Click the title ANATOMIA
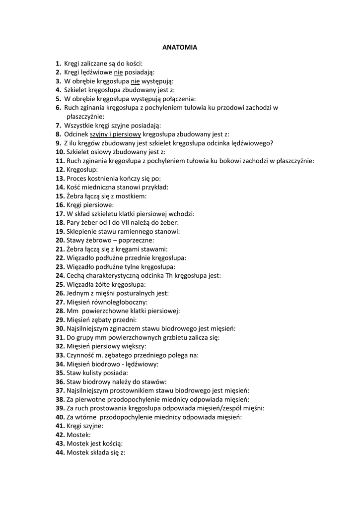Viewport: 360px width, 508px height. point(180,48)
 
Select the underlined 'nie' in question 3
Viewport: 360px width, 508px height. point(135,81)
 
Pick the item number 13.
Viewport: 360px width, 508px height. point(60,179)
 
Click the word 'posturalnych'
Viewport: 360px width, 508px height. point(134,294)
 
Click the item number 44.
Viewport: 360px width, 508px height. point(60,452)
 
